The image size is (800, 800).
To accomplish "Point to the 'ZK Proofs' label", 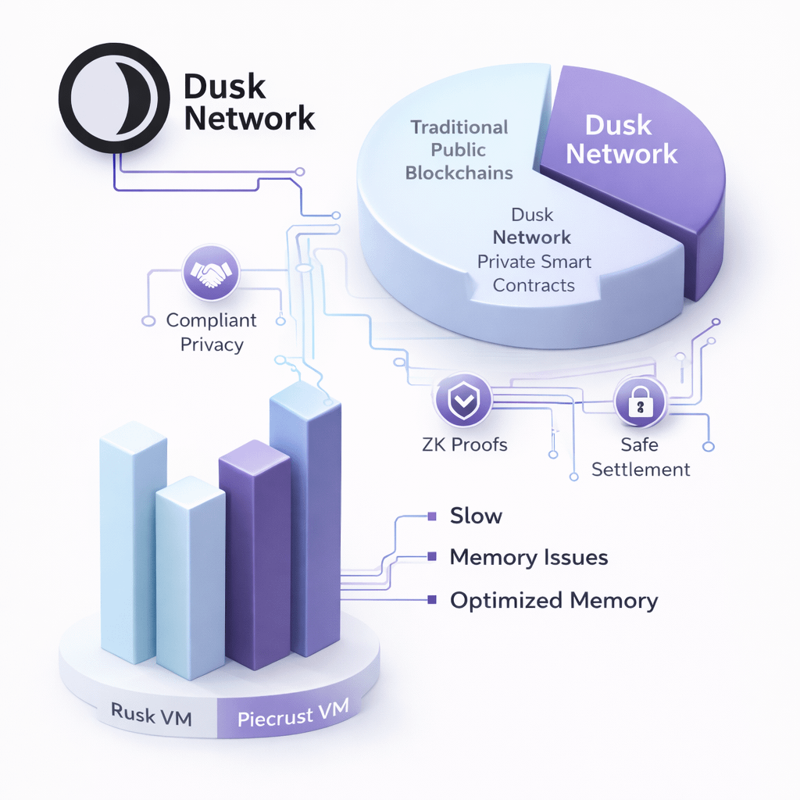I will pyautogui.click(x=463, y=445).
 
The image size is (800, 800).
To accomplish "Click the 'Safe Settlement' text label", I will pyautogui.click(x=641, y=457).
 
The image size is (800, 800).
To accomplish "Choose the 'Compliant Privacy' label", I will pyautogui.click(x=211, y=332).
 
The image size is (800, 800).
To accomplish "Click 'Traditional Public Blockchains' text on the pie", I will pyautogui.click(x=459, y=149).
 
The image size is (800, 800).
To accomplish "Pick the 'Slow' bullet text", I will pyautogui.click(x=476, y=516).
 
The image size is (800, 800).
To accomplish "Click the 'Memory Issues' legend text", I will pyautogui.click(x=529, y=558).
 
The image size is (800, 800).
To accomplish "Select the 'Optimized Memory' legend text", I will pyautogui.click(x=554, y=601).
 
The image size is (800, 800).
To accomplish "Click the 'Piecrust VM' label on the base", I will pyautogui.click(x=293, y=714).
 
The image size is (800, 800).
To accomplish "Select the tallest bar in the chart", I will pyautogui.click(x=305, y=516).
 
